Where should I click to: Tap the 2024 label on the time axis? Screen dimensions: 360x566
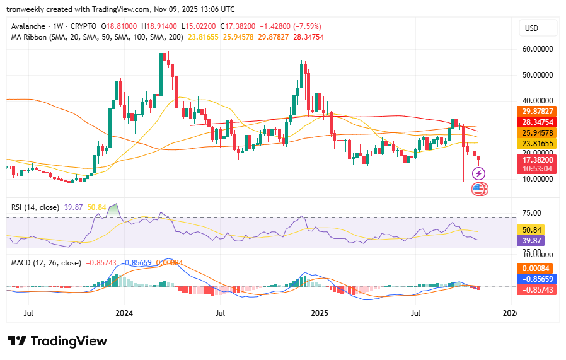(125, 313)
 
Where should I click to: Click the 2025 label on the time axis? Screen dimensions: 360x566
(320, 313)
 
